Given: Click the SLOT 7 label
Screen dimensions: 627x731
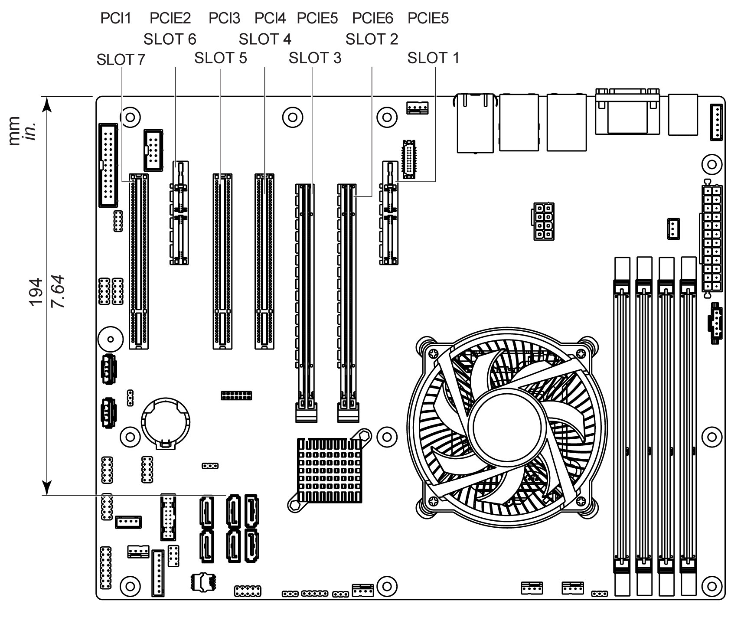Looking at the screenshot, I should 121,60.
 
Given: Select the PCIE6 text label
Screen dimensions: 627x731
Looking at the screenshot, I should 372,18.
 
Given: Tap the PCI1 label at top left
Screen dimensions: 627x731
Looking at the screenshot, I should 115,18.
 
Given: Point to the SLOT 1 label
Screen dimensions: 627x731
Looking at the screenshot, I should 433,58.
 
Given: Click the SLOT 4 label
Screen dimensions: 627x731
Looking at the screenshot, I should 265,39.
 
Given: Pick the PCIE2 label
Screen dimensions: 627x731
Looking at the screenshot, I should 170,18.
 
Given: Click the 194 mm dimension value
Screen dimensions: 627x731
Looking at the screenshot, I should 36,292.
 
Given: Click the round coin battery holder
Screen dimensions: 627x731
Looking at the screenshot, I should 166,423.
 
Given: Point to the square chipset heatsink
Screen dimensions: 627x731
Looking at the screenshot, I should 330,470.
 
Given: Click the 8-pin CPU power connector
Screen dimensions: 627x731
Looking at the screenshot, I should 542,221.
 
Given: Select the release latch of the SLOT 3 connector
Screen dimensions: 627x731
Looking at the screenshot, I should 307,412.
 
